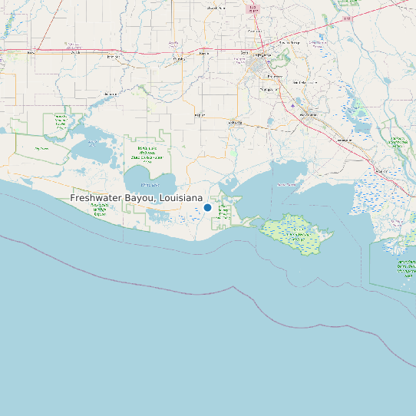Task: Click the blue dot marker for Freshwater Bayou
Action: pos(207,207)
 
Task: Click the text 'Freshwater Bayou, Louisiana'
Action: pos(137,198)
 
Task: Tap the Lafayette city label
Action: pos(263,55)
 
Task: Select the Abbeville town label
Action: pos(235,122)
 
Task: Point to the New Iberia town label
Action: pos(309,114)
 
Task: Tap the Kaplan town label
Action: pos(200,115)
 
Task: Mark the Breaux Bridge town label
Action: pos(289,43)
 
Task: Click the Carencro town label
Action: pos(254,31)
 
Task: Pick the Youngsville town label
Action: pos(269,89)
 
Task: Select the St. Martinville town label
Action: pos(307,81)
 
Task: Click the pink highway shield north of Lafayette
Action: pos(253,9)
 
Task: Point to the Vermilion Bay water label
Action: pos(286,184)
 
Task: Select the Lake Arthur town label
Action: pos(109,94)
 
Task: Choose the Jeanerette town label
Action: pos(343,140)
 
